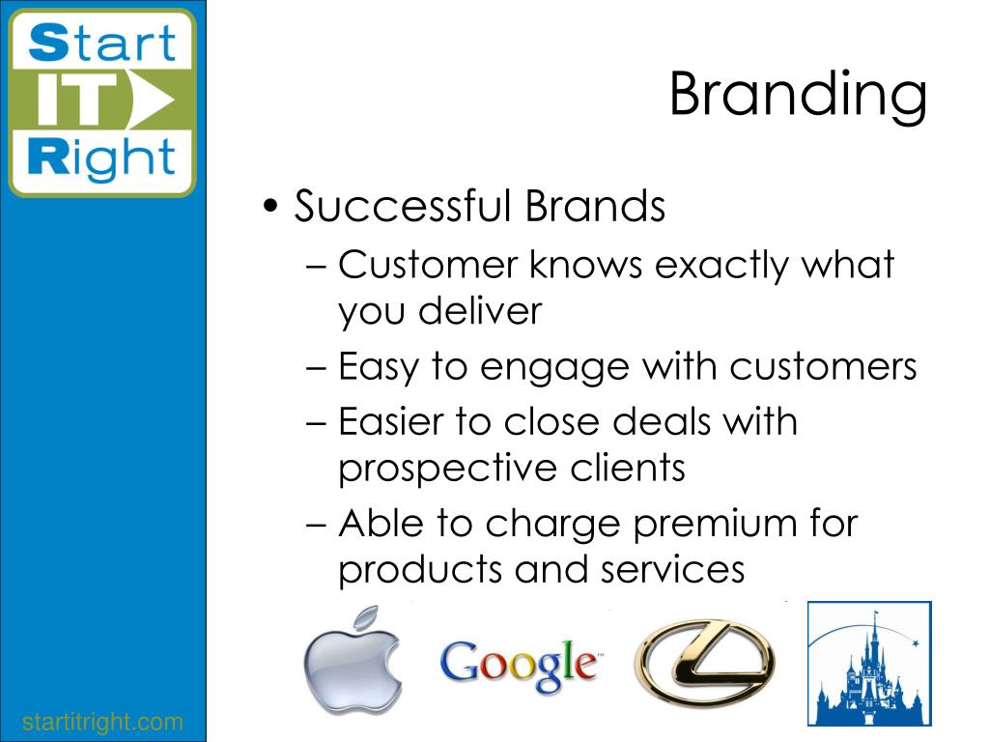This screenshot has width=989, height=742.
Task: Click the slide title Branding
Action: (798, 96)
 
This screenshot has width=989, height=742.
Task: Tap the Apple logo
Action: (352, 661)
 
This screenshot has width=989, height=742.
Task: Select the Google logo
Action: (521, 665)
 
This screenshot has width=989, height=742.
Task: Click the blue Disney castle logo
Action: (869, 664)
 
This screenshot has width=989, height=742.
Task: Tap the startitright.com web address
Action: (102, 722)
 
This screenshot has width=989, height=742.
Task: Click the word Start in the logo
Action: (102, 43)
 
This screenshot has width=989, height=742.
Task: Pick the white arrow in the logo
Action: (154, 100)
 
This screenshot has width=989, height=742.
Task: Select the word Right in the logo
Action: (101, 157)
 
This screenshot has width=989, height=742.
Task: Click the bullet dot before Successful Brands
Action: (270, 207)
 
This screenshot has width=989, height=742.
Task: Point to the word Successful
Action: (403, 206)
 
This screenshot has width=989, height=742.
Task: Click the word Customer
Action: (428, 265)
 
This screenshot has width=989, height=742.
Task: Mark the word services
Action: (673, 570)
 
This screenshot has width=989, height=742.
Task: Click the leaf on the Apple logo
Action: (366, 617)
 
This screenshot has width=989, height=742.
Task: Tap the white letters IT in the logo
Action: (78, 100)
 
